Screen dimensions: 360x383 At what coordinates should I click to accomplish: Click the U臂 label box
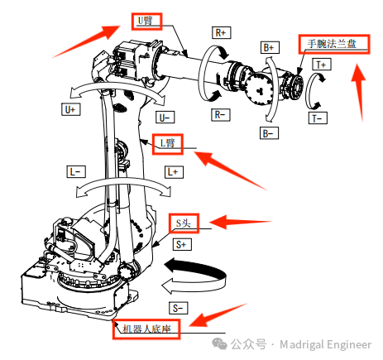(x=146, y=20)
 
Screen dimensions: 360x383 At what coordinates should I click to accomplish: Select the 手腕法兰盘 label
(x=328, y=43)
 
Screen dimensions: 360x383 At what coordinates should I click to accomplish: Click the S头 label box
(x=185, y=222)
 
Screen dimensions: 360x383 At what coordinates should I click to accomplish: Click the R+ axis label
(x=222, y=33)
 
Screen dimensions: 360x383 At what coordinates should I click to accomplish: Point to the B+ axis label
(x=269, y=47)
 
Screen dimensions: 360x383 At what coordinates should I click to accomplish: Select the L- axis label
(x=75, y=171)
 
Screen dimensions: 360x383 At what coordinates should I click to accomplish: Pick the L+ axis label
(x=173, y=172)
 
